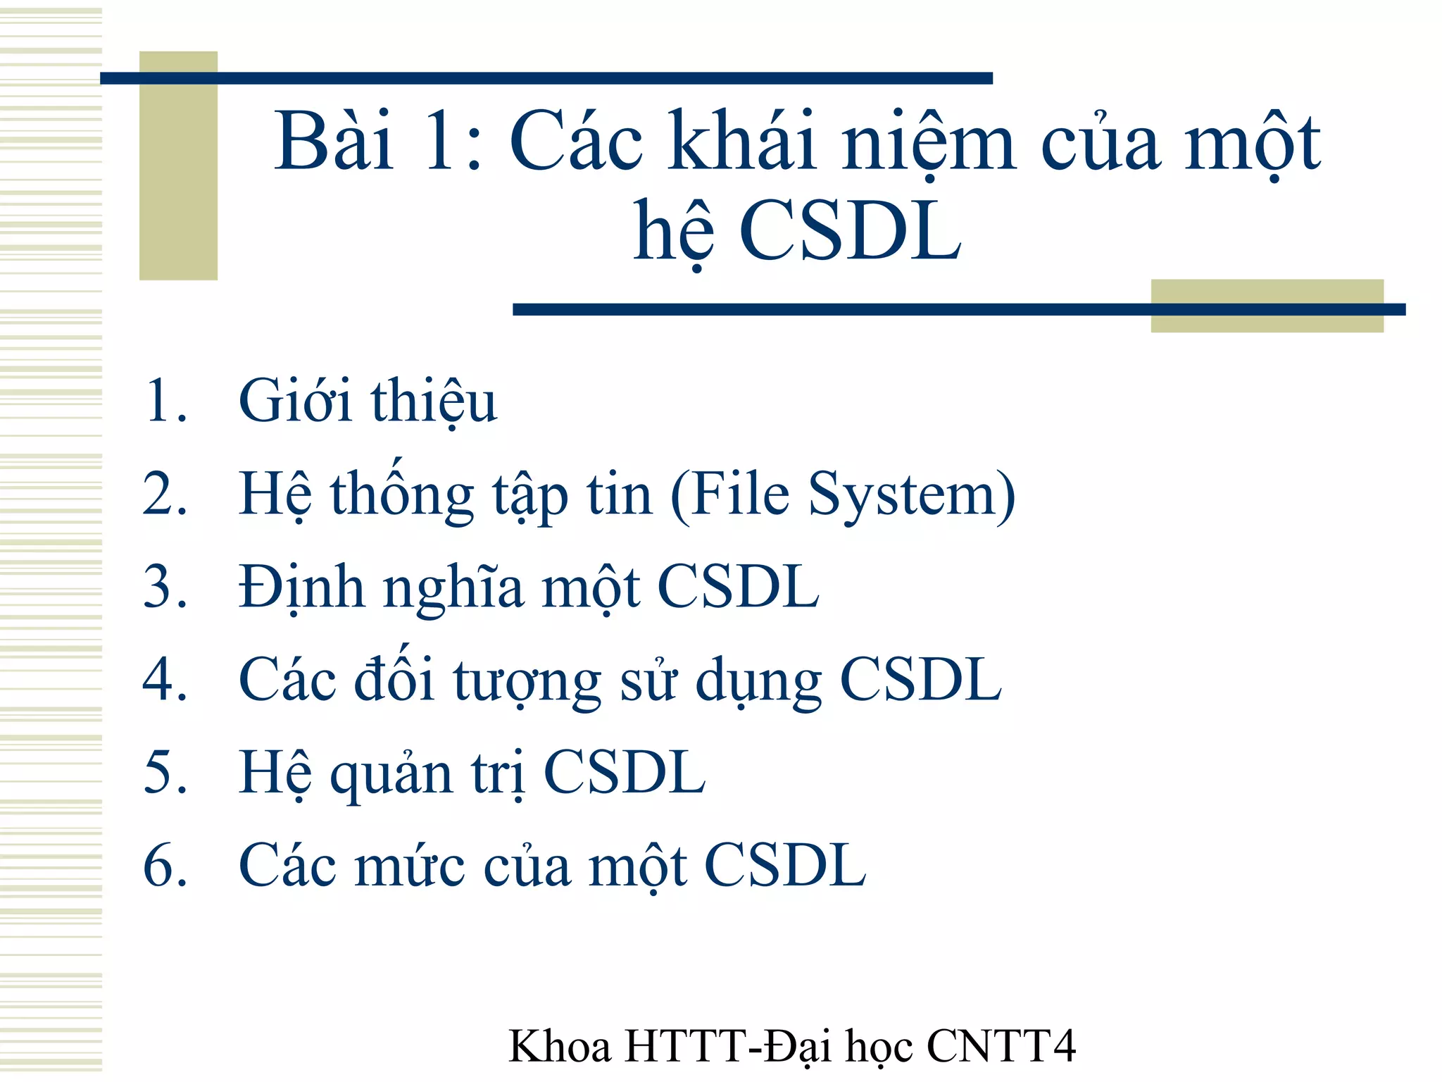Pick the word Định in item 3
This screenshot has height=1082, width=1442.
(301, 587)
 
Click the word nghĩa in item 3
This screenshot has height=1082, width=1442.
(453, 589)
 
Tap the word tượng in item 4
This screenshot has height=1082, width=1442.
(527, 682)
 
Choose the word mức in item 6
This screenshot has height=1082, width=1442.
(410, 866)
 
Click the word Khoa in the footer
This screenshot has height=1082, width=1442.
(560, 1046)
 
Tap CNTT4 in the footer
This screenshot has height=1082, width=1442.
(1001, 1046)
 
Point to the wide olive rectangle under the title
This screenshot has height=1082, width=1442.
(1267, 321)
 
